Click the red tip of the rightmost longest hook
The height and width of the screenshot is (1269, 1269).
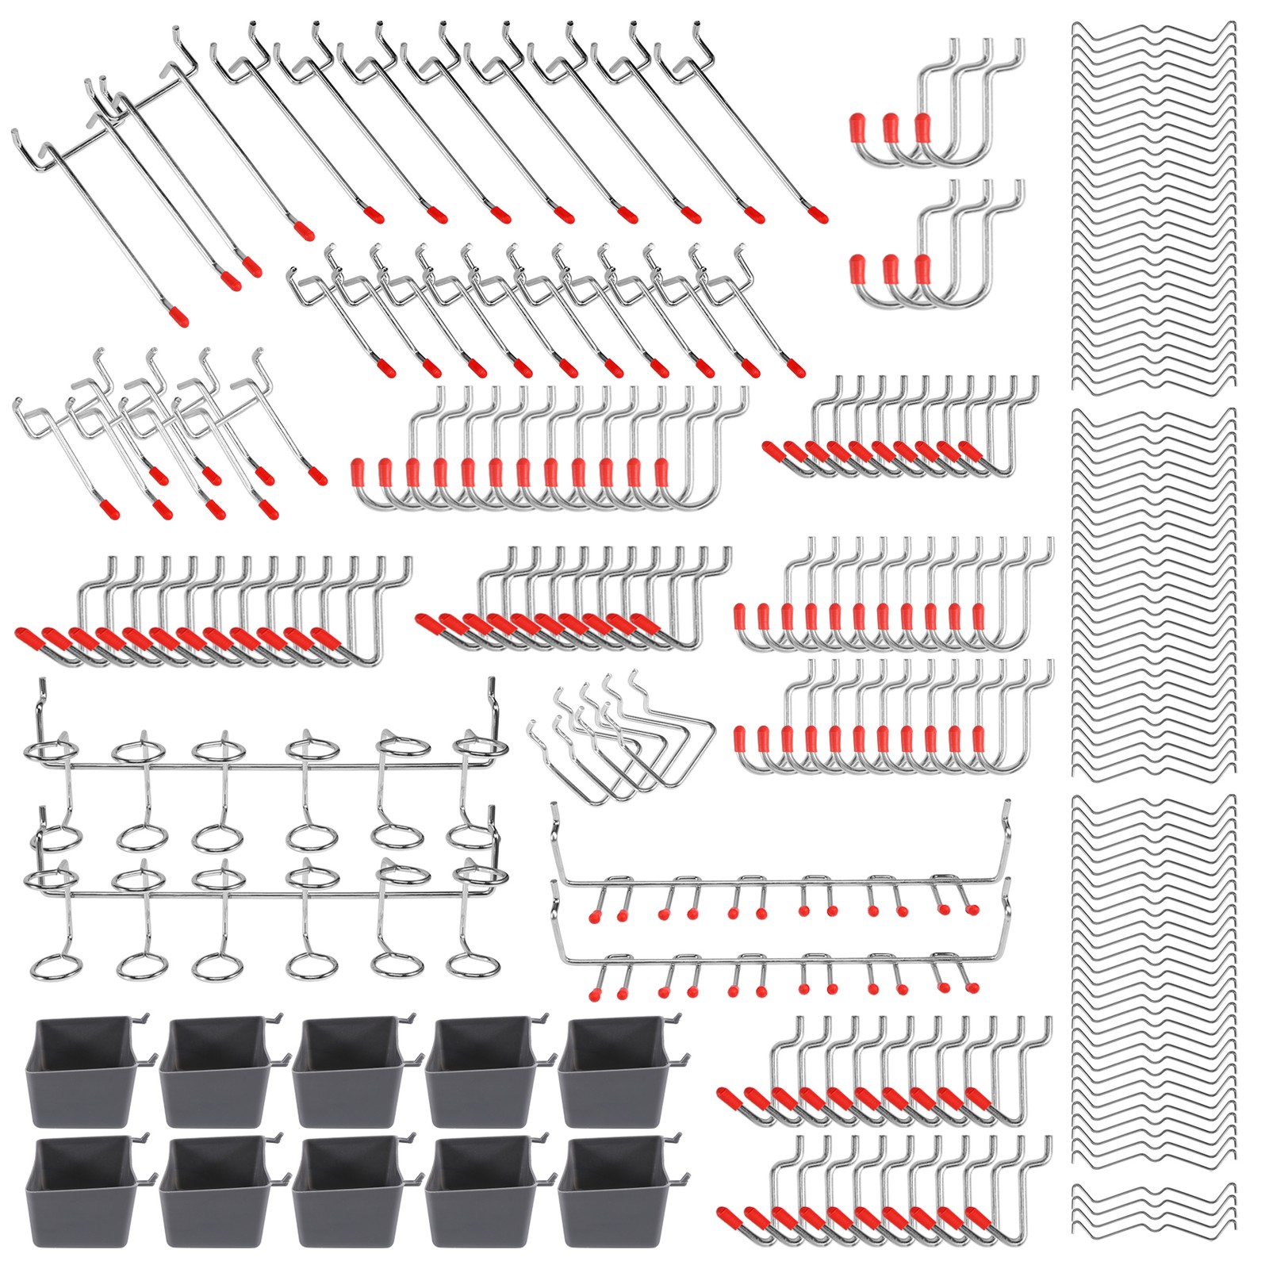[819, 215]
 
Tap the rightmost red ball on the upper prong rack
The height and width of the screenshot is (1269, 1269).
[972, 910]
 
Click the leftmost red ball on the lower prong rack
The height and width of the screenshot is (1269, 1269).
[593, 993]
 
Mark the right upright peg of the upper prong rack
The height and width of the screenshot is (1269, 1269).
[1007, 833]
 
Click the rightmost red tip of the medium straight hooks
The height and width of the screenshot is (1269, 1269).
[796, 370]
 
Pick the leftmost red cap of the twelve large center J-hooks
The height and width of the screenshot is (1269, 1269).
[358, 473]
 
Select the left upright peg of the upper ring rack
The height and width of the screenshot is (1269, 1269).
[37, 706]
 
